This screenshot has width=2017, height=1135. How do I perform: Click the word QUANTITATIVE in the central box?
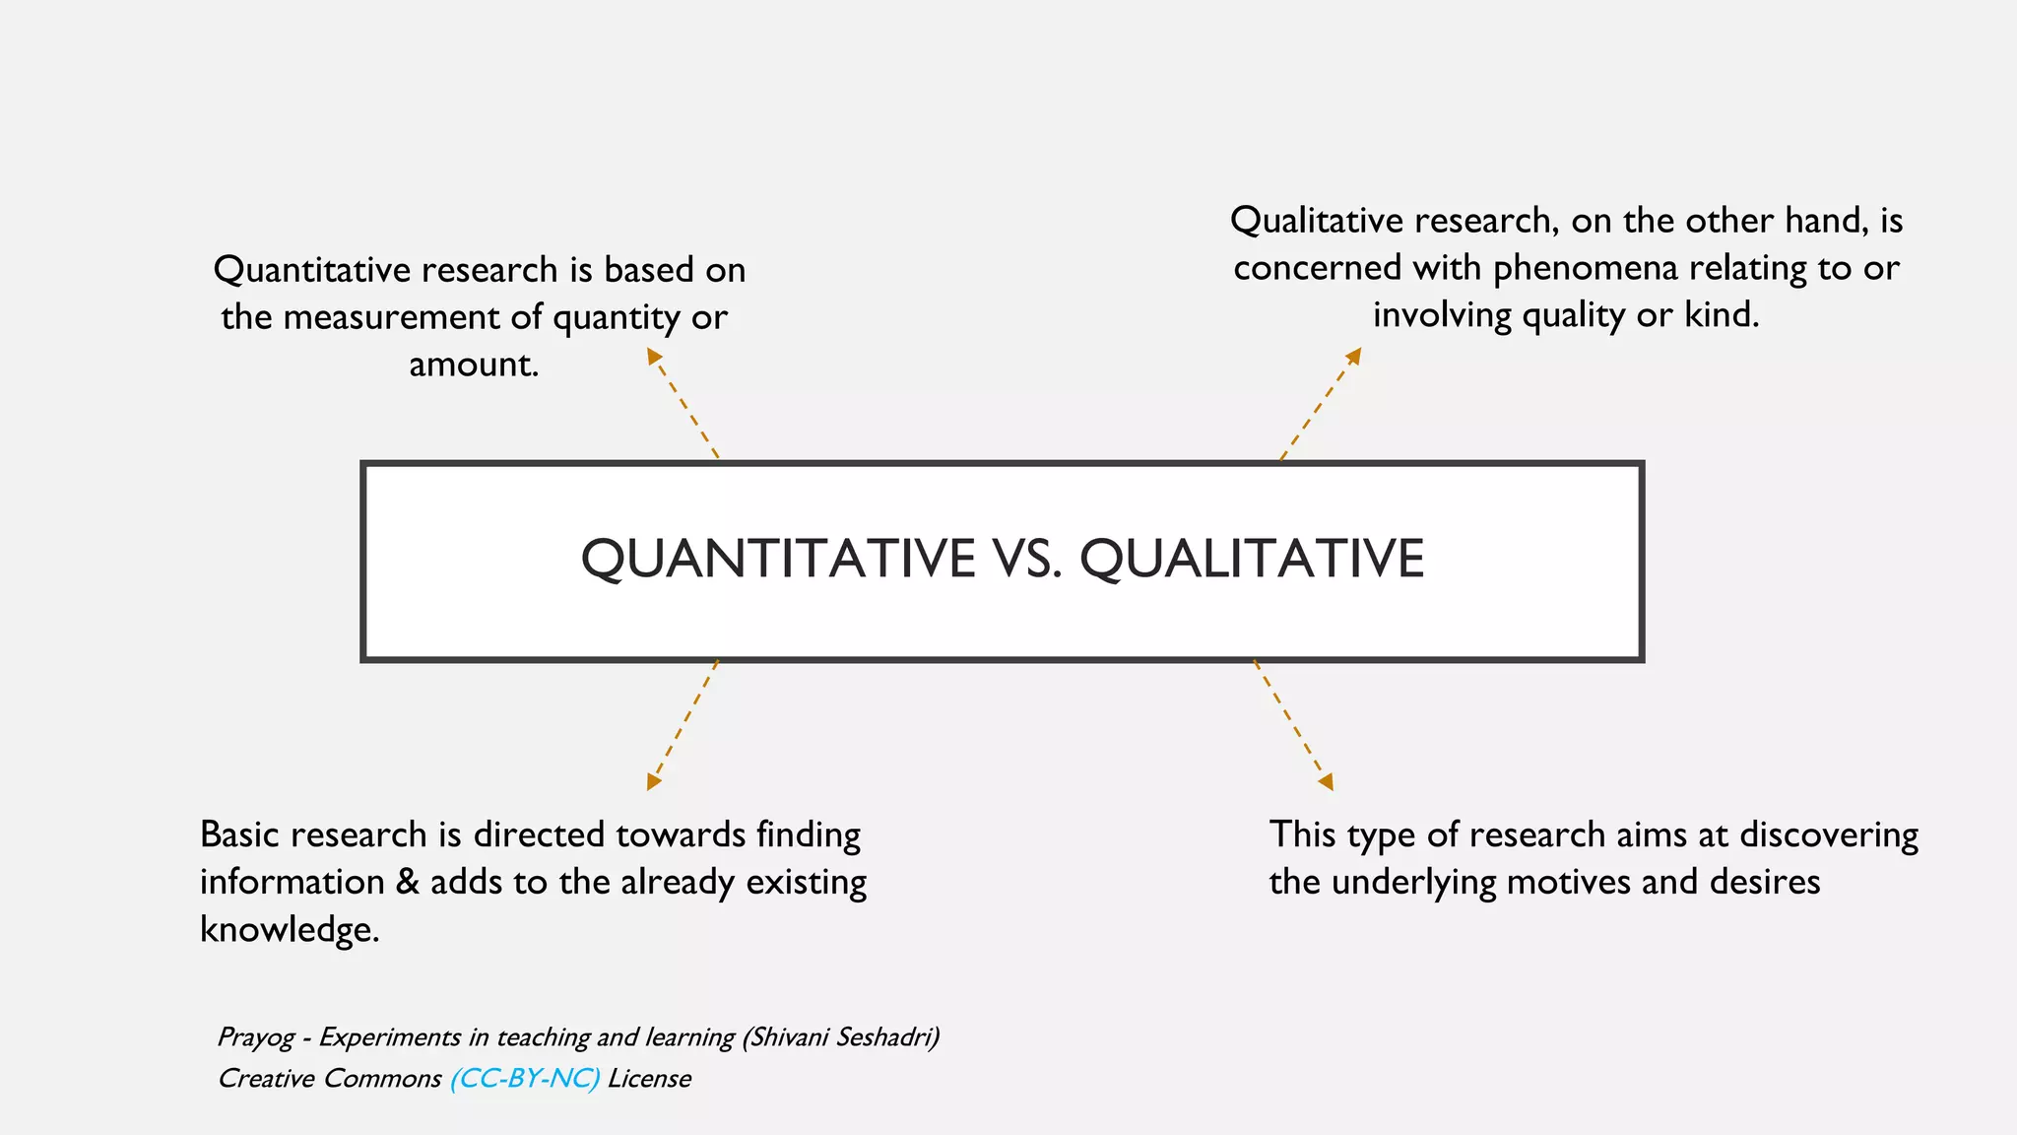click(x=778, y=559)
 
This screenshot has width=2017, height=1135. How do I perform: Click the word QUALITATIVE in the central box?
click(x=1252, y=559)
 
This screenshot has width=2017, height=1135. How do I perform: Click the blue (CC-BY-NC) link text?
click(x=524, y=1079)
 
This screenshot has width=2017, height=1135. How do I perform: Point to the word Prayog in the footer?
click(x=255, y=1037)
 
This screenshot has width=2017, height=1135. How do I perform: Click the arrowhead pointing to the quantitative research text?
click(x=653, y=356)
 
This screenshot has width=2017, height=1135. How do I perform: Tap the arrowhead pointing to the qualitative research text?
click(x=1354, y=355)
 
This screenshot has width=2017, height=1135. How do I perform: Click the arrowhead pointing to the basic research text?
click(x=653, y=781)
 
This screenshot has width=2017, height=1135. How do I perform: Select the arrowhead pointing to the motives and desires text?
click(x=1327, y=782)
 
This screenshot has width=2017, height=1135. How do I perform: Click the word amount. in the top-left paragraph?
click(x=474, y=365)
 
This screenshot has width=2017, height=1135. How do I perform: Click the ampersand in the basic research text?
click(x=407, y=882)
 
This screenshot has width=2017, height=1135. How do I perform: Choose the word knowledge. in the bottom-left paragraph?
click(x=290, y=929)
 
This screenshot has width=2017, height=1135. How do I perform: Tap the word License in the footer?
click(x=649, y=1079)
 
